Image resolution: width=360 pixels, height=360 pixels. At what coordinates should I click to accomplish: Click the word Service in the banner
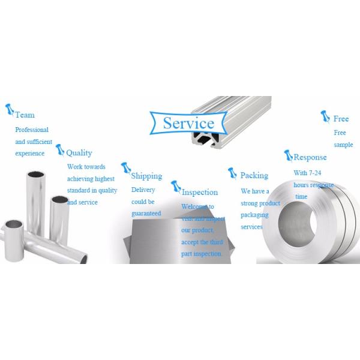[188, 124]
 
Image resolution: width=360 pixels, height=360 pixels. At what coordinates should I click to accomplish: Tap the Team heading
[25, 115]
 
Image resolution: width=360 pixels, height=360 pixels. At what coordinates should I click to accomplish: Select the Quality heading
[79, 153]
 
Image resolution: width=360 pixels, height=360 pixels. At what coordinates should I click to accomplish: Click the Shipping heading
[146, 176]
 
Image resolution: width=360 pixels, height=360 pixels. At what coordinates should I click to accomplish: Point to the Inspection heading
[200, 193]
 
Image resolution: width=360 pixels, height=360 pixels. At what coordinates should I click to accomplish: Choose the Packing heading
[254, 176]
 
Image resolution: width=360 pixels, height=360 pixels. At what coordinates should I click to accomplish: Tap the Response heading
[310, 157]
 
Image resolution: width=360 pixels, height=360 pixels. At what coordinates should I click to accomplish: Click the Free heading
[341, 119]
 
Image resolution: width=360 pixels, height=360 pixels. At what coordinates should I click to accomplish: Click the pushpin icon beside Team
[9, 109]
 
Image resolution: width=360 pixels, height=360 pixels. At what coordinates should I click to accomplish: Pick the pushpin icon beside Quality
[59, 149]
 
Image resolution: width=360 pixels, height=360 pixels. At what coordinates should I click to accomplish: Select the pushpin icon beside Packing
[232, 173]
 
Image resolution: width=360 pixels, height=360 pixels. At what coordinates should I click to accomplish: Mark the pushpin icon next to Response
[287, 155]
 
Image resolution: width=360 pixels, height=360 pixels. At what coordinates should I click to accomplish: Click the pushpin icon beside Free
[325, 115]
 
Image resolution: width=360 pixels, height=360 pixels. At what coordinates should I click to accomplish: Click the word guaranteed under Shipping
[146, 213]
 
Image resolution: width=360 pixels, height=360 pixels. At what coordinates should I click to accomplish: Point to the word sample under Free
[343, 145]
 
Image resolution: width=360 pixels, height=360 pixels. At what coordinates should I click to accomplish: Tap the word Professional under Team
[32, 130]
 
